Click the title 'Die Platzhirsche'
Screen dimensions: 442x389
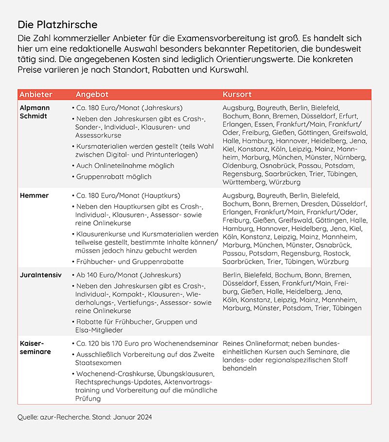tap(57, 24)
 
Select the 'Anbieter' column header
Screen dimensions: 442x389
tap(35, 94)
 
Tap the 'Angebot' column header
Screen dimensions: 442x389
tap(92, 94)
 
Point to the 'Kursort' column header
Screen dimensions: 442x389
tap(237, 94)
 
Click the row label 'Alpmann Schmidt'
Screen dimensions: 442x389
tap(35, 112)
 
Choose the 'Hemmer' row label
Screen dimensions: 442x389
tap(34, 195)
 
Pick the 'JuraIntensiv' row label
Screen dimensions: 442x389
tap(40, 275)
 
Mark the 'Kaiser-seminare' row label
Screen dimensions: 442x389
tap(35, 347)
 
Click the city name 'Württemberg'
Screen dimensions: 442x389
tap(244, 182)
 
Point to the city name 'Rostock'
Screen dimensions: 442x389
tap(337, 253)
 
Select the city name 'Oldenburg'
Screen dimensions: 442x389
tap(241, 166)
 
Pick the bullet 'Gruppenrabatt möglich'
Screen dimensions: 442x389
tap(114, 177)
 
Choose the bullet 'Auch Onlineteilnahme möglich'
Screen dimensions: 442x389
tap(125, 166)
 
